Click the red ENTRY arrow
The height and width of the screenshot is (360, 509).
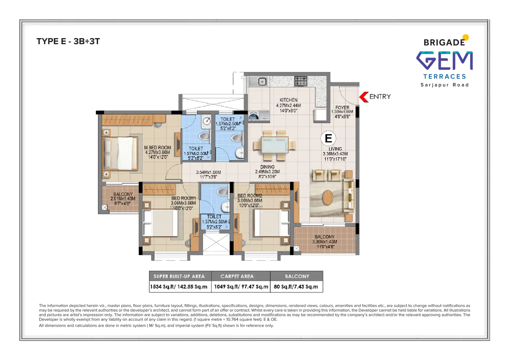click(363, 97)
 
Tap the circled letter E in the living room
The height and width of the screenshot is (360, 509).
click(328, 138)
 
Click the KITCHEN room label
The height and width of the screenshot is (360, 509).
click(288, 100)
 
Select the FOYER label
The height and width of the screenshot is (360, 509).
click(342, 108)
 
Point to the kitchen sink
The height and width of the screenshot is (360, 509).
click(262, 81)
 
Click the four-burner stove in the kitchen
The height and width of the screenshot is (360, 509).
click(301, 81)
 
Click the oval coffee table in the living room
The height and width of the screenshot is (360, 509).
click(328, 197)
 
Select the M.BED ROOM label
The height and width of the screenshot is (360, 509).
click(158, 148)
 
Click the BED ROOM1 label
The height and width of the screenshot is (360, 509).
click(183, 198)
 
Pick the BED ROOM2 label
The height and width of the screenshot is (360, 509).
click(250, 196)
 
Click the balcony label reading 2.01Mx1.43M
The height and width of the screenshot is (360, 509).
click(123, 199)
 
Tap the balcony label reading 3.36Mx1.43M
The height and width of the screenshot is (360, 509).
click(325, 242)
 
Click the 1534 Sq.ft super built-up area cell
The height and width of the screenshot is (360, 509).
click(179, 286)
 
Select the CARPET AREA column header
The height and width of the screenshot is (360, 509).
click(237, 276)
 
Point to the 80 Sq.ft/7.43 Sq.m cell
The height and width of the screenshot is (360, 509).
click(296, 286)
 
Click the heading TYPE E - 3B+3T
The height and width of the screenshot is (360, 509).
click(68, 41)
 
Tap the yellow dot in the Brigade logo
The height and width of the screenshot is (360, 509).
click(466, 38)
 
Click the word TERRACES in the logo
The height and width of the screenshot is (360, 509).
click(444, 77)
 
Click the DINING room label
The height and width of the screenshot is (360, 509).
click(267, 167)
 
